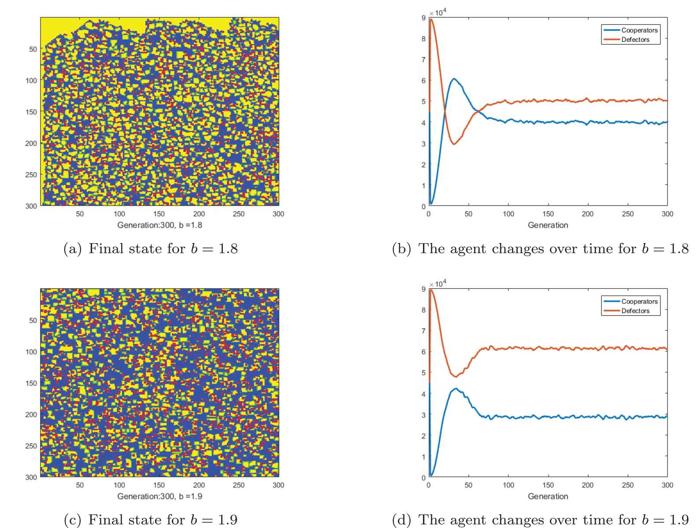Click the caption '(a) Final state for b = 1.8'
(151, 249)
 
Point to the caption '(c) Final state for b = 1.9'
(151, 520)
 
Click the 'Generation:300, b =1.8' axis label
(159, 225)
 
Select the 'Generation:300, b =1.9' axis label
(159, 496)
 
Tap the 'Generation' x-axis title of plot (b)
(548, 225)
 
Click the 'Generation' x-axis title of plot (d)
(548, 496)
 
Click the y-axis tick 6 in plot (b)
(423, 81)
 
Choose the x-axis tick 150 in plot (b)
(548, 214)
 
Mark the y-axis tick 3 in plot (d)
(423, 415)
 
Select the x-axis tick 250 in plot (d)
(627, 485)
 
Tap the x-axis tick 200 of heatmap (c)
(199, 485)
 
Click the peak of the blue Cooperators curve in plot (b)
(453, 79)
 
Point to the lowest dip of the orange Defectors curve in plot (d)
(455, 377)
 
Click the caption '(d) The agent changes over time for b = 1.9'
(540, 520)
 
